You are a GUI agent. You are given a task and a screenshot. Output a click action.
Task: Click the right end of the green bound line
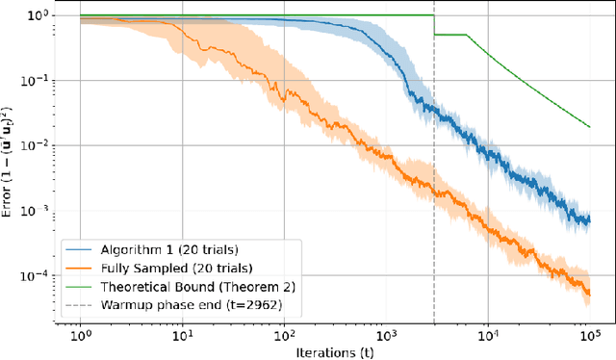click(588, 126)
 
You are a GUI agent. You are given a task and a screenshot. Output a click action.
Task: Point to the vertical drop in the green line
click(434, 25)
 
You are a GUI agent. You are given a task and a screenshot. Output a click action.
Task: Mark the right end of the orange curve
click(588, 293)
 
